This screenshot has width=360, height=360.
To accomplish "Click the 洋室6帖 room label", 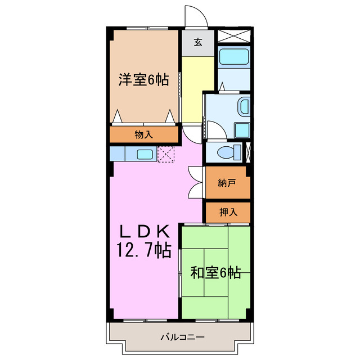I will point(143,79).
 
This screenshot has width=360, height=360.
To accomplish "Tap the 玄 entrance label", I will point(198,42).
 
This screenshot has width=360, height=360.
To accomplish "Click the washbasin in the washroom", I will point(244,107).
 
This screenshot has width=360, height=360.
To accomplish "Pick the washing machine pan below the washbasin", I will point(242,129).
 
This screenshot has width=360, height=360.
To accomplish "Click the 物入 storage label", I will point(143,134).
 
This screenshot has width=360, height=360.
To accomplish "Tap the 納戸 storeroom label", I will point(226,183).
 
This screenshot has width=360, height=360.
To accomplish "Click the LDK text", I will point(143,231).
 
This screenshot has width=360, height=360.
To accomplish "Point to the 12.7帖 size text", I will point(143,249).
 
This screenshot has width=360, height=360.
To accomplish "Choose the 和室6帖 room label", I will point(215,273).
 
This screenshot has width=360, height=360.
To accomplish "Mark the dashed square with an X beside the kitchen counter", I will point(166,154).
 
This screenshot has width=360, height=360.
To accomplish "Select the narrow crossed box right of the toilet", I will point(249,152).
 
